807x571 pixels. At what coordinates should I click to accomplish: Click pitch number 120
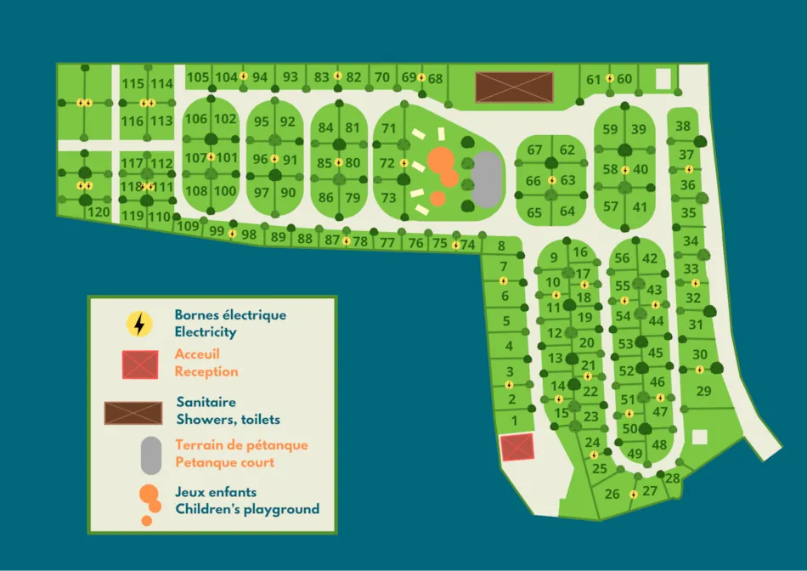[x=99, y=212]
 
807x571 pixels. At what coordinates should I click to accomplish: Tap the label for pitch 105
[x=197, y=77]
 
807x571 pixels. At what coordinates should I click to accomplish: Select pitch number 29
[x=703, y=391]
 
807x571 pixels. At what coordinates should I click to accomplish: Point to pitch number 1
[x=515, y=419]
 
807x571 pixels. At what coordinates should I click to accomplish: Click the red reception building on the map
[x=516, y=447]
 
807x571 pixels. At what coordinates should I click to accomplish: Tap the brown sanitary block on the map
[x=514, y=87]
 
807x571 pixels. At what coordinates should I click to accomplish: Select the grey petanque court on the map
[x=485, y=179]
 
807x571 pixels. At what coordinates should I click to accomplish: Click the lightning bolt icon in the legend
[x=139, y=324]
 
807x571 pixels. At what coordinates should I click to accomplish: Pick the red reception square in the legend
[x=140, y=365]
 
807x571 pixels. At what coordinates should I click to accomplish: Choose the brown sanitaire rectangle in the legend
[x=133, y=413]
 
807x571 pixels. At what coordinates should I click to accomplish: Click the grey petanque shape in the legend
[x=150, y=455]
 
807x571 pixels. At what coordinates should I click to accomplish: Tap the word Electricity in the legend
[x=206, y=332]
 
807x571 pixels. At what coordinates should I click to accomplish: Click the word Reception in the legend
[x=206, y=371]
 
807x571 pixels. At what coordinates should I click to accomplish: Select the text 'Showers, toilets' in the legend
[x=228, y=419]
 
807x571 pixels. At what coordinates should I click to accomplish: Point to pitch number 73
[x=388, y=198]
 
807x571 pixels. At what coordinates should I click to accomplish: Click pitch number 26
[x=612, y=494]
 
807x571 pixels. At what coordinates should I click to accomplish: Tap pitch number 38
[x=683, y=127]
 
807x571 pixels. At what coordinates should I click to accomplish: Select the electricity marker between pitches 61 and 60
[x=610, y=79]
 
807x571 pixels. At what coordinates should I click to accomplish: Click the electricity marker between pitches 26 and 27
[x=634, y=495]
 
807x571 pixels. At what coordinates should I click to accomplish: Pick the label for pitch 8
[x=501, y=246]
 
